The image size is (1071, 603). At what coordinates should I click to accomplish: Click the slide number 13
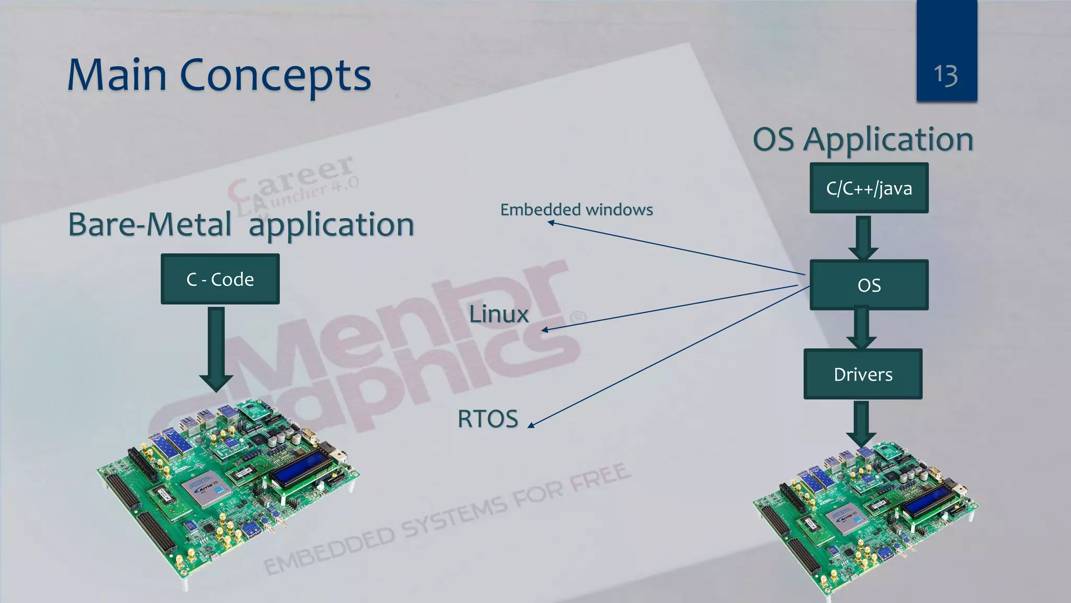tap(945, 75)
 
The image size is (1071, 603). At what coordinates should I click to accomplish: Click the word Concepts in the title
tap(275, 76)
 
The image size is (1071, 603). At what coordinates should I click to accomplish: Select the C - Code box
tap(220, 279)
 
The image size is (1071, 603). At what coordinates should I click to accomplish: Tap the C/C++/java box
tap(869, 188)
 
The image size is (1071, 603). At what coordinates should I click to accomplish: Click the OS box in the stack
tap(869, 285)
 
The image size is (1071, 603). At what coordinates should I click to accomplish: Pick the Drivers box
tap(863, 374)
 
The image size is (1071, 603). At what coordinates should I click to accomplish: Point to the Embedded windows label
tap(576, 210)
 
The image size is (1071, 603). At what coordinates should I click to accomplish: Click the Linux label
tap(498, 314)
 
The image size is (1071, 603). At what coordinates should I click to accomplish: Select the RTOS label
tap(487, 419)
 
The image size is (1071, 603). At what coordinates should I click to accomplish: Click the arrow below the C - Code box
tap(216, 348)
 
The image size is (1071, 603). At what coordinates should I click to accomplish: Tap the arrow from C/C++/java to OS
tap(863, 237)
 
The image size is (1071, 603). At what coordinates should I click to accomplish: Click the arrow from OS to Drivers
tap(861, 328)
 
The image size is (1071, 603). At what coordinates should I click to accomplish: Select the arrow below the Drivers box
tap(861, 423)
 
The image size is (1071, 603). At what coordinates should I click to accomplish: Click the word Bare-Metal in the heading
tap(150, 225)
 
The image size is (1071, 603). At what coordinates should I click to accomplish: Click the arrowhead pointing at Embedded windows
tap(551, 222)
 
